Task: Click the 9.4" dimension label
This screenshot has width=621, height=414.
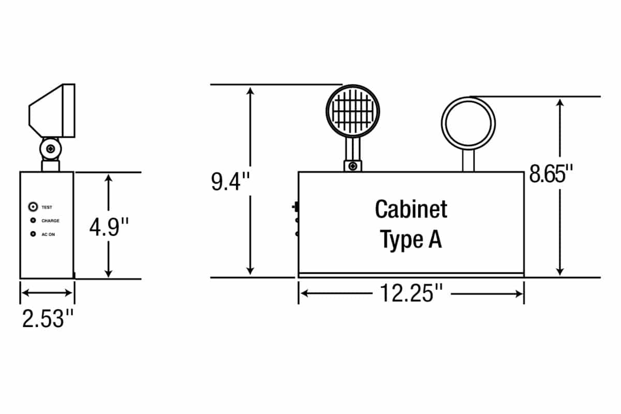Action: click(x=230, y=182)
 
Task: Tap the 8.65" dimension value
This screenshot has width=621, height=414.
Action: click(x=551, y=174)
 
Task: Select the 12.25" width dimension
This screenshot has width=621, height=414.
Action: click(x=411, y=293)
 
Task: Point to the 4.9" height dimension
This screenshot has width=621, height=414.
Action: click(x=109, y=227)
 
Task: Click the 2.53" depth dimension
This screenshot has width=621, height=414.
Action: click(x=48, y=319)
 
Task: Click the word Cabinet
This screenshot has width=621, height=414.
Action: click(x=411, y=209)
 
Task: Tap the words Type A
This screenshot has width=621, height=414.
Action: click(x=411, y=240)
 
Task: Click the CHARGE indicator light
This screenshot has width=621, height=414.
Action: click(x=33, y=220)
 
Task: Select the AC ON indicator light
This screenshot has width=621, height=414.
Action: click(x=33, y=234)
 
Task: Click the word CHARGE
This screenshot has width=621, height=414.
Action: click(x=51, y=221)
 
